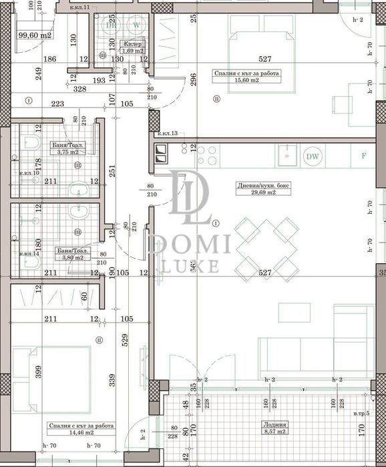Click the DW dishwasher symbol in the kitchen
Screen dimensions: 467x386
pyautogui.click(x=311, y=156)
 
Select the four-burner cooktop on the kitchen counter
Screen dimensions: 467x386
pyautogui.click(x=206, y=156)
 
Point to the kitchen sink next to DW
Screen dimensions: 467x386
pyautogui.click(x=286, y=156)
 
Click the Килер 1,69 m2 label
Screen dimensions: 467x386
pyautogui.click(x=132, y=47)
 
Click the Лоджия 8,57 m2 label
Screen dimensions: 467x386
pyautogui.click(x=274, y=427)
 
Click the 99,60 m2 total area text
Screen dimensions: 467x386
pyautogui.click(x=35, y=35)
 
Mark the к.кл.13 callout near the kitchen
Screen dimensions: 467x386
pyautogui.click(x=168, y=134)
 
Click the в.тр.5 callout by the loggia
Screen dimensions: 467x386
pyautogui.click(x=364, y=415)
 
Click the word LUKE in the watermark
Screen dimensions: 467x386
pyautogui.click(x=191, y=267)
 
